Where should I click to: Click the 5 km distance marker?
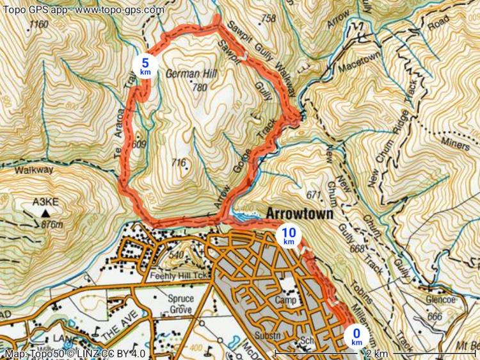145,65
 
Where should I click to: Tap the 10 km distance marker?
289,236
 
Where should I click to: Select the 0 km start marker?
356,335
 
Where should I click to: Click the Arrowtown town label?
300,214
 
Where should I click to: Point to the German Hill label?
192,74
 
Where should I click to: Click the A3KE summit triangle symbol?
45,212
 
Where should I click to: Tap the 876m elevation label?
51,224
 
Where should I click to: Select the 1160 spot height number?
38,25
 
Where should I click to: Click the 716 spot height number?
179,163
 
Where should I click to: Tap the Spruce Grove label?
180,304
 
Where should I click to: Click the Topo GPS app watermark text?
83,10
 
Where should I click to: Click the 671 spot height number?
313,194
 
